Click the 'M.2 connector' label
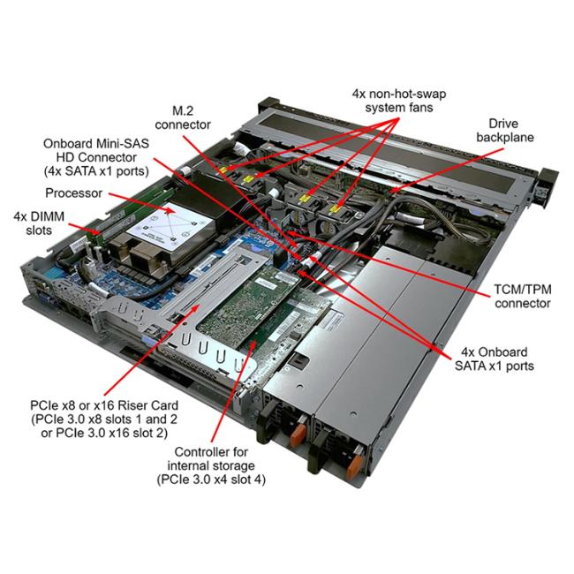[x=183, y=117]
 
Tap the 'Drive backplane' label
[x=505, y=131]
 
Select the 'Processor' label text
[x=73, y=193]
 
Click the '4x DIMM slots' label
[x=39, y=223]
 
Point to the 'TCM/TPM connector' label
[x=523, y=296]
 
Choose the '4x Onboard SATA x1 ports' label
[x=495, y=359]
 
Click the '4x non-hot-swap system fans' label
[x=399, y=101]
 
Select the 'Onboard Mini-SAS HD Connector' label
[x=96, y=157]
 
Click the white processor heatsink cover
[x=170, y=226]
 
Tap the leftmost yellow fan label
[x=223, y=170]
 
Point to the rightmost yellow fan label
[x=334, y=209]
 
